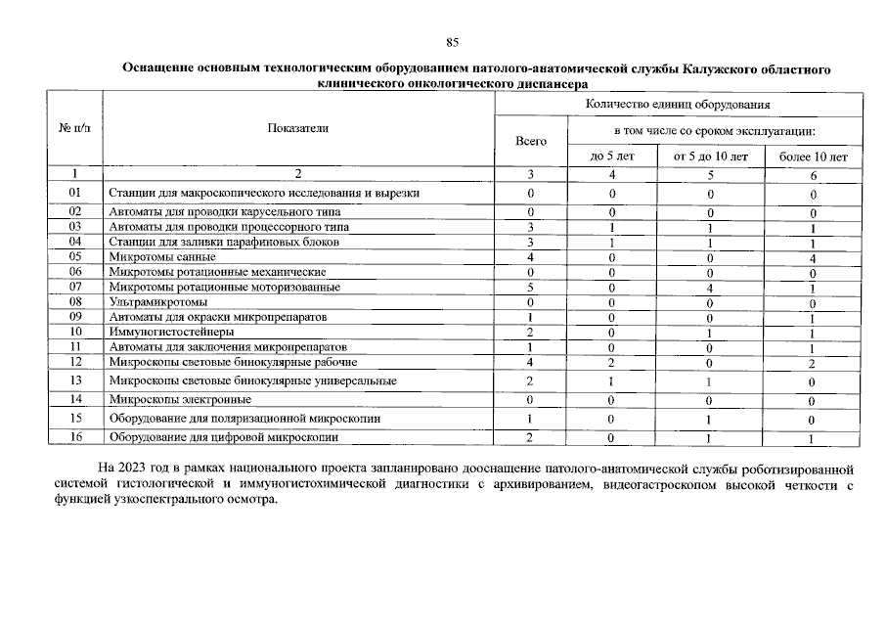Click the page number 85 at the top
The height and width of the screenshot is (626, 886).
[x=452, y=42]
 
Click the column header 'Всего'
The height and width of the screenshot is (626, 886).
[x=530, y=141]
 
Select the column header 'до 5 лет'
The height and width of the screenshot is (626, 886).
[x=612, y=156]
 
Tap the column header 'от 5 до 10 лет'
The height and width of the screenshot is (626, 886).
[x=711, y=156]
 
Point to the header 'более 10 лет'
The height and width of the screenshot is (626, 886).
[x=812, y=156]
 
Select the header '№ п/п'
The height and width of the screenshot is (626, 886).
[x=73, y=128]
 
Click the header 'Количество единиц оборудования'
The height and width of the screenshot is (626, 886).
[x=678, y=104]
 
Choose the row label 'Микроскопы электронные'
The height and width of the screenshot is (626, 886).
[x=180, y=399]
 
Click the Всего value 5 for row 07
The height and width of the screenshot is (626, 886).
[x=530, y=288]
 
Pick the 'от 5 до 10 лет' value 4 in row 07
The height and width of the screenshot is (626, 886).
[x=711, y=288]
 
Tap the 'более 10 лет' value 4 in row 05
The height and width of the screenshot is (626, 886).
[x=812, y=257]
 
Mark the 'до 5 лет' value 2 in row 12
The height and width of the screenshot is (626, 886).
[x=612, y=363]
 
